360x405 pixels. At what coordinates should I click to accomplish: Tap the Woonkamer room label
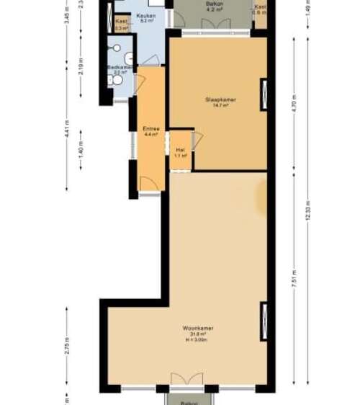(198, 328)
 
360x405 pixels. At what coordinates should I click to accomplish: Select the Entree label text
(150, 129)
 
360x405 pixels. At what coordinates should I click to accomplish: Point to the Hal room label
(181, 150)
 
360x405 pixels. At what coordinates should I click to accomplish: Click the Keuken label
(147, 15)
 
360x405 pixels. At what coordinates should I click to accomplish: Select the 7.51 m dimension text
(294, 277)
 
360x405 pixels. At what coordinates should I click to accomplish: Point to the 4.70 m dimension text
(294, 105)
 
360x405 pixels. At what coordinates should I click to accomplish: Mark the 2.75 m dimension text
(67, 344)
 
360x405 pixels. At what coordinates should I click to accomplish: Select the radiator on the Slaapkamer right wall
(264, 94)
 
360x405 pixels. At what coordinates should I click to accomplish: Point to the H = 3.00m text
(198, 339)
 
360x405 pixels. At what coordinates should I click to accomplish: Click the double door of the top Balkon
(216, 25)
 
